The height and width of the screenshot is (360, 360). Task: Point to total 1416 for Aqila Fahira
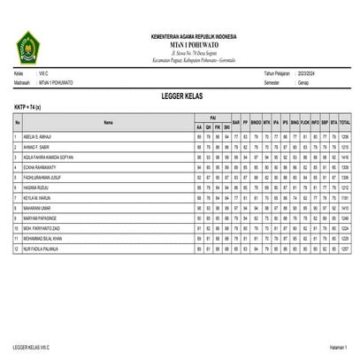(x=345, y=156)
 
